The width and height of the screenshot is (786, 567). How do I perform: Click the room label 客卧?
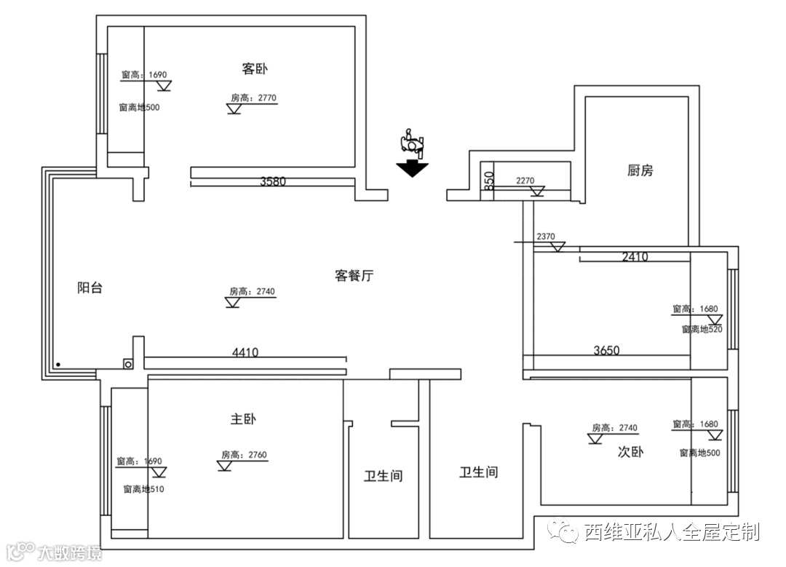click(255, 69)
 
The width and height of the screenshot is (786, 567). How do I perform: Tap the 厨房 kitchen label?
click(640, 170)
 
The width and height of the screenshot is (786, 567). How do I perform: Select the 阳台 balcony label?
click(90, 288)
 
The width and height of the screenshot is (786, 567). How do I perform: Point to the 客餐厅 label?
click(354, 276)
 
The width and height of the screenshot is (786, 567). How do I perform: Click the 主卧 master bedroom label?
click(243, 419)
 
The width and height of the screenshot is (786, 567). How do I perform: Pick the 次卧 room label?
click(631, 452)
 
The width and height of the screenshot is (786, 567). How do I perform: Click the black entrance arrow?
click(412, 169)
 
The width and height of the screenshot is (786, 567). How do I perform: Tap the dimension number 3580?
click(273, 182)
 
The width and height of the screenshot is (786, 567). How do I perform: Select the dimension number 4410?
click(245, 353)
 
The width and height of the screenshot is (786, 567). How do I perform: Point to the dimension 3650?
click(606, 350)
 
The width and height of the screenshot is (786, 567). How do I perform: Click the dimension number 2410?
click(635, 257)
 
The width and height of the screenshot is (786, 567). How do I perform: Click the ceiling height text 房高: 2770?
click(254, 98)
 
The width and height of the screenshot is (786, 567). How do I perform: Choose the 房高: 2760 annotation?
click(245, 456)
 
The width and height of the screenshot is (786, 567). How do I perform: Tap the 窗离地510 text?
click(143, 489)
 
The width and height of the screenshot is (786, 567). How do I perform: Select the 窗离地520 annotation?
click(702, 329)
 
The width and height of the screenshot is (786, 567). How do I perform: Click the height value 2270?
click(525, 181)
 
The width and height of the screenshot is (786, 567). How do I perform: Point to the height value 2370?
click(546, 237)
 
